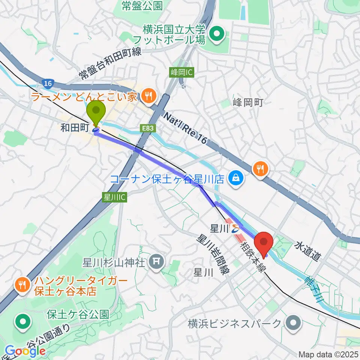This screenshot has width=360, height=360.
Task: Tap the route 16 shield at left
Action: click(47, 83)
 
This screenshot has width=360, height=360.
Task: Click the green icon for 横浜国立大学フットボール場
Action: click(216, 34)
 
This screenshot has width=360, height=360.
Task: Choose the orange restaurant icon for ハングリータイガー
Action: click(22, 285)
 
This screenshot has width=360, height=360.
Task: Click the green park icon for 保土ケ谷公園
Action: click(23, 321)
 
